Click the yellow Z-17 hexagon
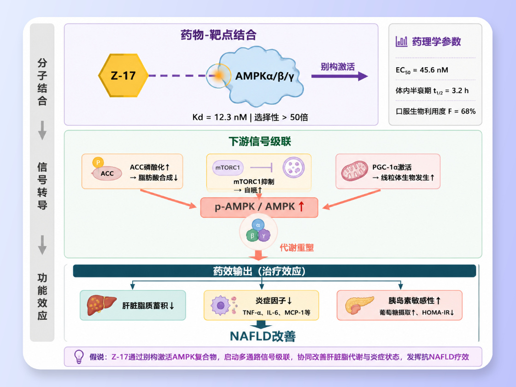[123, 76]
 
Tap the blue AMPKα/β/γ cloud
[260, 76]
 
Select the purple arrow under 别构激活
[339, 76]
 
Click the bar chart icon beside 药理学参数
[401, 41]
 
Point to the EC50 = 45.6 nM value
[422, 70]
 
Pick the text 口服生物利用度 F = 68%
[435, 111]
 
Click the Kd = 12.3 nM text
[219, 117]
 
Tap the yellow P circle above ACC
[98, 162]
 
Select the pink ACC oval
[107, 173]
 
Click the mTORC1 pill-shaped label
[228, 168]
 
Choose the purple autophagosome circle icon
[293, 168]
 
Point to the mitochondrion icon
[354, 171]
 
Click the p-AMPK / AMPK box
[259, 207]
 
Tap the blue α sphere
[258, 225]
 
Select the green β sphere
[252, 235]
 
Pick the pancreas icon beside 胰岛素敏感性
[359, 305]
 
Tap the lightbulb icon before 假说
[79, 357]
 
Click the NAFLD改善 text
[263, 336]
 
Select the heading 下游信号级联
[260, 141]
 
